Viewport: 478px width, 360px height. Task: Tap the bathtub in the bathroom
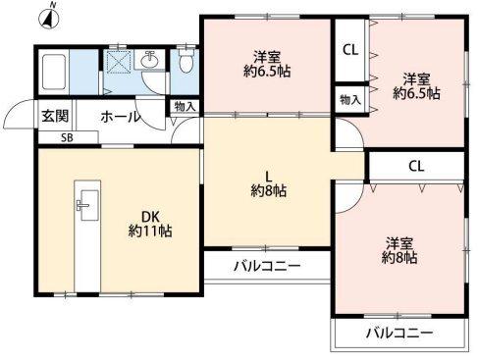click(x=54, y=71)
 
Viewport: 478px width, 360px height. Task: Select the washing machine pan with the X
click(x=118, y=62)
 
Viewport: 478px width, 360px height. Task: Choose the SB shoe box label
click(x=67, y=138)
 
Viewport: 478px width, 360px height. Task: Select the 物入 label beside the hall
click(x=184, y=107)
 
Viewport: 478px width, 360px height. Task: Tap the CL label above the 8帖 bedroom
click(x=416, y=166)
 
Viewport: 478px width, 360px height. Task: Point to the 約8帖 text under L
click(x=265, y=190)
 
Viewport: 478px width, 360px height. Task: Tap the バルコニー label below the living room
click(x=265, y=266)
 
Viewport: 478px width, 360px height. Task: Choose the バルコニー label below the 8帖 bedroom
click(x=399, y=334)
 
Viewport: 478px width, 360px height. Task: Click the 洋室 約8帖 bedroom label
click(x=399, y=250)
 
